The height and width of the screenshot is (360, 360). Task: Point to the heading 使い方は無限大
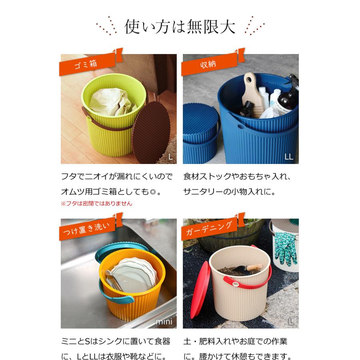click(180, 27)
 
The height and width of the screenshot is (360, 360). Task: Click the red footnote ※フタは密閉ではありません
click(96, 203)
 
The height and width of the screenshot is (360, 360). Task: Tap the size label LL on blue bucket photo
click(289, 157)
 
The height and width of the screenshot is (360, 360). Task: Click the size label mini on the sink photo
click(164, 322)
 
